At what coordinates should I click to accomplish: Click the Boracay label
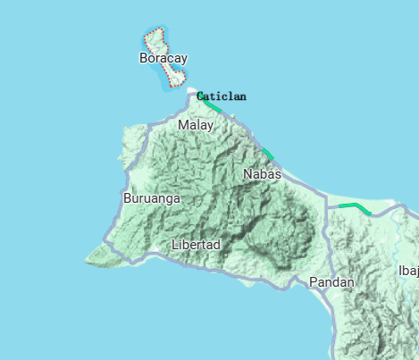tap(163, 58)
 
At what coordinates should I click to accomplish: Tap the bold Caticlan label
tap(221, 96)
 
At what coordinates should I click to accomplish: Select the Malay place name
tap(196, 125)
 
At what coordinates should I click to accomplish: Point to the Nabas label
tap(262, 174)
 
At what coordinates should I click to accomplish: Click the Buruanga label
tap(152, 198)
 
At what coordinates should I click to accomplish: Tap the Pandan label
tap(331, 282)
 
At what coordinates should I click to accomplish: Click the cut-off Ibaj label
tap(407, 270)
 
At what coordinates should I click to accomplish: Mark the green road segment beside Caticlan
tap(212, 106)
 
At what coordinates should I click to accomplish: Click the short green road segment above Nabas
tap(267, 152)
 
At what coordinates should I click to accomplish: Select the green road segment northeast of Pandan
tap(354, 207)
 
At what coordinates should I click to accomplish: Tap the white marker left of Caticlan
tap(190, 91)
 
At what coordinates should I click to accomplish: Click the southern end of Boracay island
tap(169, 86)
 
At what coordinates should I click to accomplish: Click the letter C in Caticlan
tap(200, 96)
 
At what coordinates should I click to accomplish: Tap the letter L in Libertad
tap(174, 244)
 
